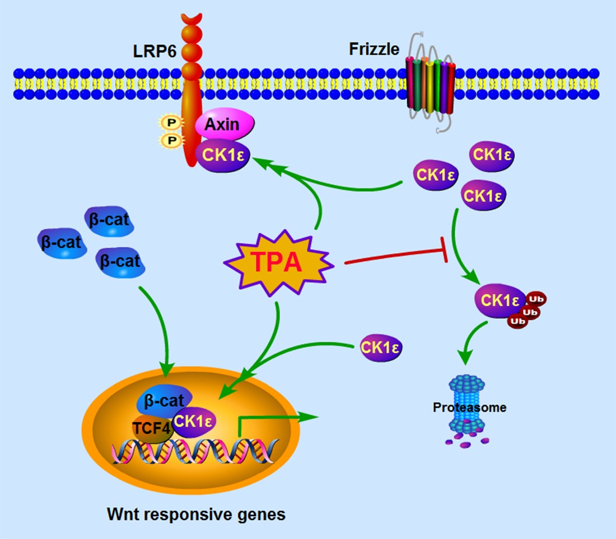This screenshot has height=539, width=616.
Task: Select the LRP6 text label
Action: click(x=154, y=51)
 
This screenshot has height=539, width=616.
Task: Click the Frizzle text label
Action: click(x=374, y=49)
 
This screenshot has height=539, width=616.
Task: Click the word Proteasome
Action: click(x=469, y=407)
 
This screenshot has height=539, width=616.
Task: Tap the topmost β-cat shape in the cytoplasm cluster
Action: click(x=110, y=221)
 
